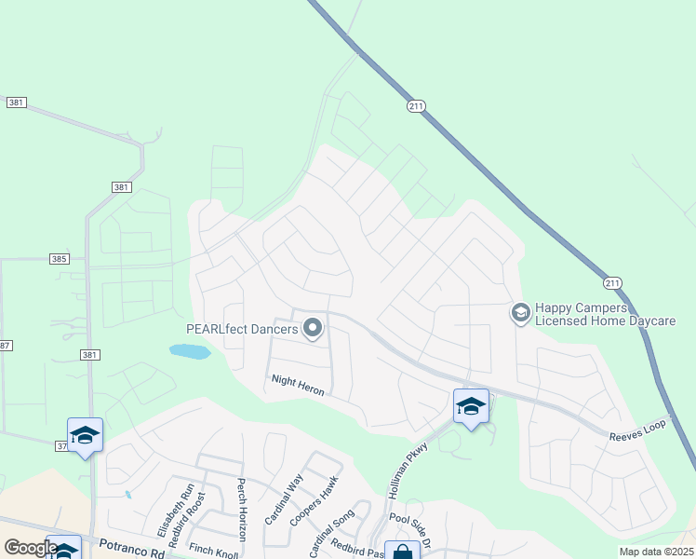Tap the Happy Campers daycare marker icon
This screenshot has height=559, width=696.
520,313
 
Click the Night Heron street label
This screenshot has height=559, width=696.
297,385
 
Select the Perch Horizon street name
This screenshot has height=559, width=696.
240,510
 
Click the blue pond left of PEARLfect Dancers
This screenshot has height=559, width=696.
189,351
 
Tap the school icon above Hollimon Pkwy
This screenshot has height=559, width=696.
471,407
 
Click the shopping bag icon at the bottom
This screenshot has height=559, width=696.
402,552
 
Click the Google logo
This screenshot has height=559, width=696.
30,548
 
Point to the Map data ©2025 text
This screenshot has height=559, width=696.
656,552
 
